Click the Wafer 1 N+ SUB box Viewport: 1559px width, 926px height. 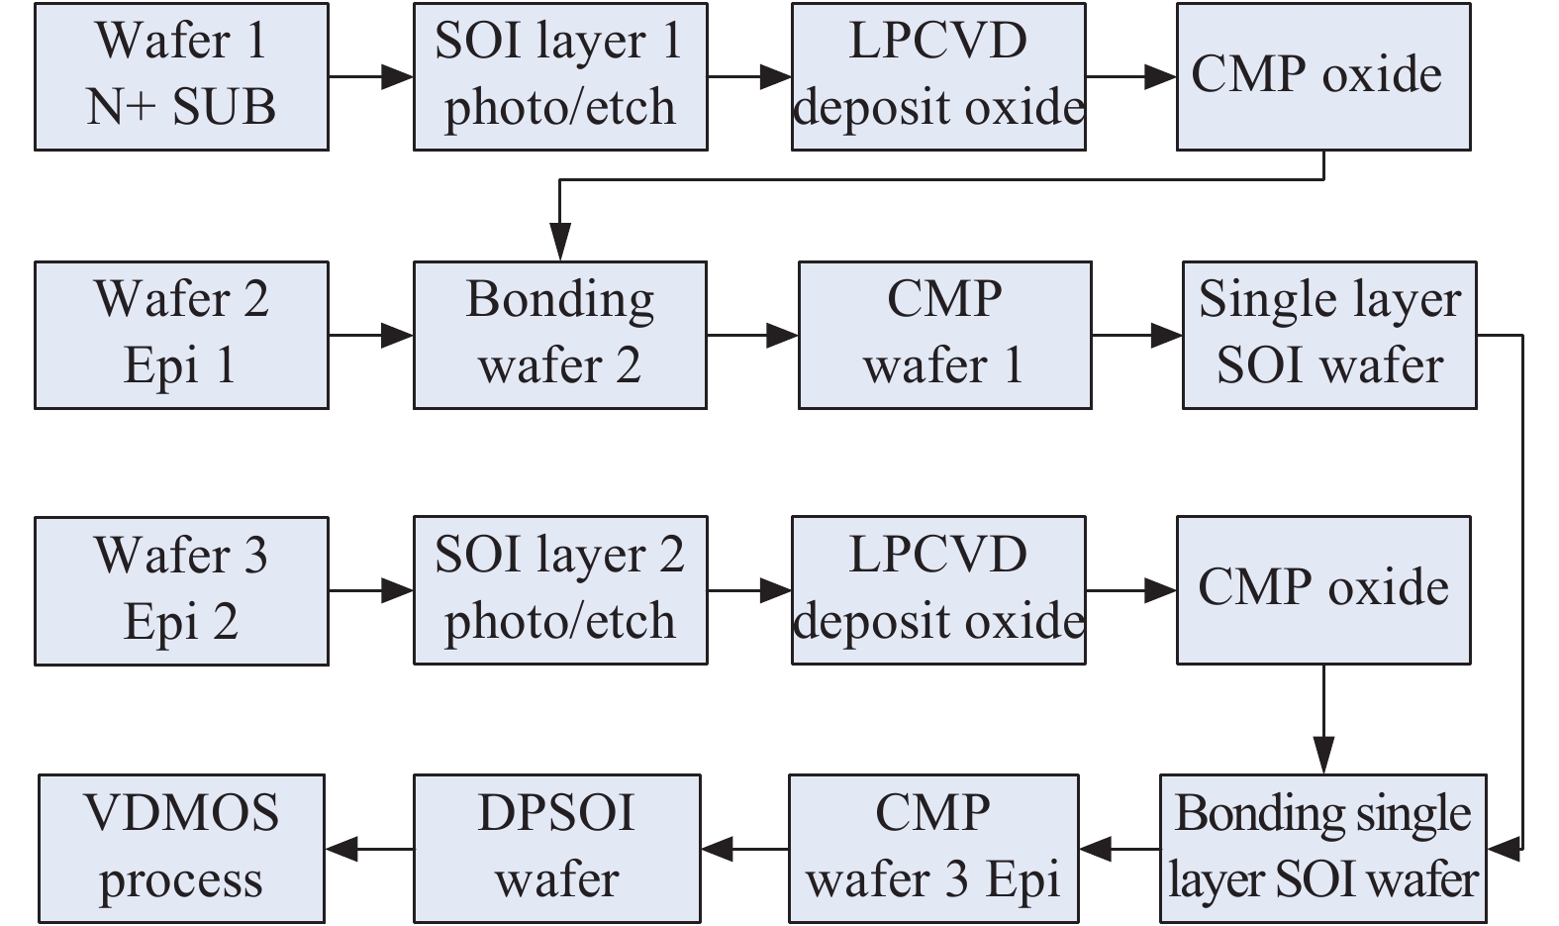click(x=181, y=76)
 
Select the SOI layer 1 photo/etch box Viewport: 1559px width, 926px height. click(x=560, y=76)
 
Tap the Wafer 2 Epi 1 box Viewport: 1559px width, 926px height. click(x=181, y=335)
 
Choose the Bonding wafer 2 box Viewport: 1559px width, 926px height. click(x=560, y=335)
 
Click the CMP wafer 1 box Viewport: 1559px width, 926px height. click(x=944, y=335)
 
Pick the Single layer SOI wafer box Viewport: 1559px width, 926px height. click(x=1329, y=335)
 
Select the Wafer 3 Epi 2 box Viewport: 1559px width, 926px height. click(x=181, y=590)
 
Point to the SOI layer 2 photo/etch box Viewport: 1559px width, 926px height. click(x=560, y=590)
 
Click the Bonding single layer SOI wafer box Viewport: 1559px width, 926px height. click(x=1323, y=849)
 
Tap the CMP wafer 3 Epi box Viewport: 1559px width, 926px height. click(x=933, y=849)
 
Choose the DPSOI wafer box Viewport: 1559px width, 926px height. click(x=557, y=849)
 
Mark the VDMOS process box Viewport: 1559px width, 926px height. click(x=181, y=849)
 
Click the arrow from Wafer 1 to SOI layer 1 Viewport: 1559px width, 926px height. click(x=371, y=76)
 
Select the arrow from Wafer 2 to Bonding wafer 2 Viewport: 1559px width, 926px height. click(x=371, y=336)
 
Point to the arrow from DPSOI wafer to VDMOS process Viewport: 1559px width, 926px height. click(x=369, y=849)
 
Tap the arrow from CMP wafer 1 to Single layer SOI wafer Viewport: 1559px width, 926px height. click(x=1137, y=336)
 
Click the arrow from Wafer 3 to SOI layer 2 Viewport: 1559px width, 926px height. click(x=371, y=591)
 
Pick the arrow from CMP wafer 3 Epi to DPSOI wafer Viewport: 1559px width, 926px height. click(x=744, y=849)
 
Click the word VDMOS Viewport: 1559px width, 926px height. click(x=181, y=814)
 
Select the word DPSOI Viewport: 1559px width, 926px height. click(x=556, y=814)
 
